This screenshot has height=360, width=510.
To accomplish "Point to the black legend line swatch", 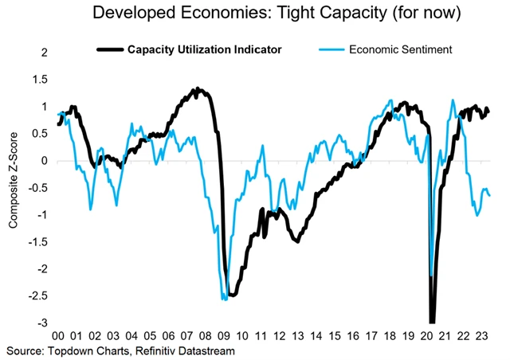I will pyautogui.click(x=111, y=49).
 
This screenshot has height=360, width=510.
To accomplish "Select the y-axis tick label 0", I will pyautogui.click(x=45, y=161).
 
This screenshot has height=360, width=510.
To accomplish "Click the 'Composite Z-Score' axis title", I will pyautogui.click(x=14, y=189).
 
